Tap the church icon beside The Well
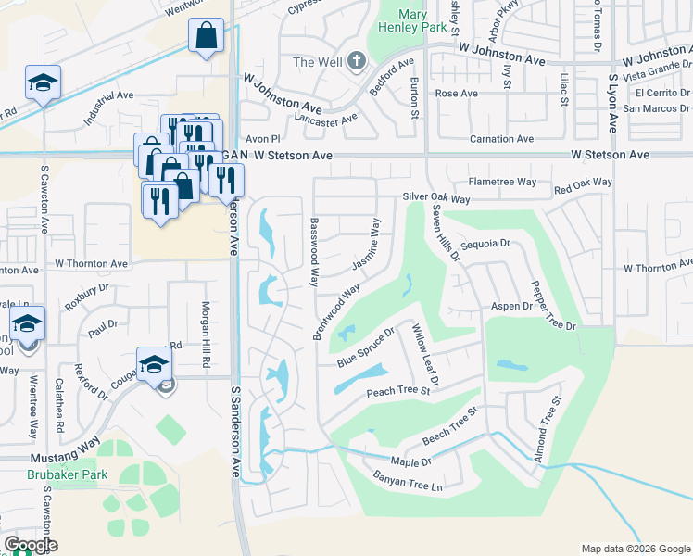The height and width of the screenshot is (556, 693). tap(358, 62)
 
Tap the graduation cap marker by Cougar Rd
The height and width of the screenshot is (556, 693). tap(154, 363)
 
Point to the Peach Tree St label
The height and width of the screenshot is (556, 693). tap(399, 391)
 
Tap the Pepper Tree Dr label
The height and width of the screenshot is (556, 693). tap(553, 306)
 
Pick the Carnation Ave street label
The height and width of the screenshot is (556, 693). tap(501, 139)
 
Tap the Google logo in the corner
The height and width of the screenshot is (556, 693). tap(30, 545)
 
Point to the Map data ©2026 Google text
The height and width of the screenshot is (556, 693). tap(635, 548)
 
